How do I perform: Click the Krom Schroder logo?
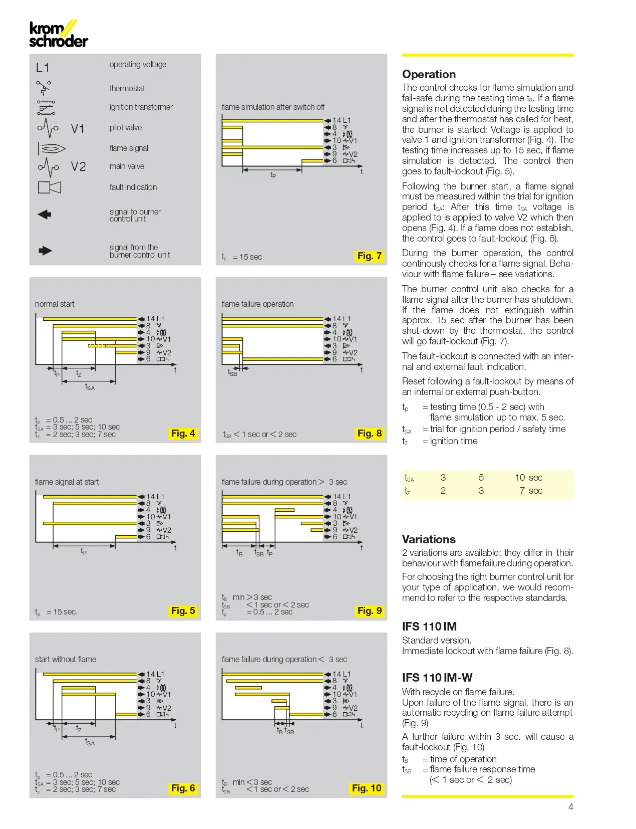click(x=58, y=35)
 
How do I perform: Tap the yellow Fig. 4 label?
click(x=183, y=434)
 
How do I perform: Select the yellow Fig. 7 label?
click(x=370, y=256)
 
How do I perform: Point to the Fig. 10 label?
click(x=367, y=788)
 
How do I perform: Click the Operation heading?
click(x=429, y=74)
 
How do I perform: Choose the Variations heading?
click(x=429, y=539)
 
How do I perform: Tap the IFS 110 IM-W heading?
click(x=437, y=678)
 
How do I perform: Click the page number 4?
click(x=570, y=807)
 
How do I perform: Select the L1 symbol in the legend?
click(x=43, y=68)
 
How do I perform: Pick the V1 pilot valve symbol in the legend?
click(x=48, y=128)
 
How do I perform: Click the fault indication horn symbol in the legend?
click(x=50, y=187)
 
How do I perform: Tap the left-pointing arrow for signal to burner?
click(x=45, y=215)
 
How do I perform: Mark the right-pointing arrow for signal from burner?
click(x=45, y=251)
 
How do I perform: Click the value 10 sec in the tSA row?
click(x=528, y=478)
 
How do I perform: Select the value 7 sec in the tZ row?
click(x=531, y=491)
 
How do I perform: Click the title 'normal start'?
click(x=55, y=304)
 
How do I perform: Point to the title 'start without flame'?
click(x=66, y=660)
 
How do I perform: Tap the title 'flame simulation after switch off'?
click(x=273, y=107)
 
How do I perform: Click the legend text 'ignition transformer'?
click(x=141, y=107)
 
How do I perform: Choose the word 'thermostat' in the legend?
click(x=127, y=89)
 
